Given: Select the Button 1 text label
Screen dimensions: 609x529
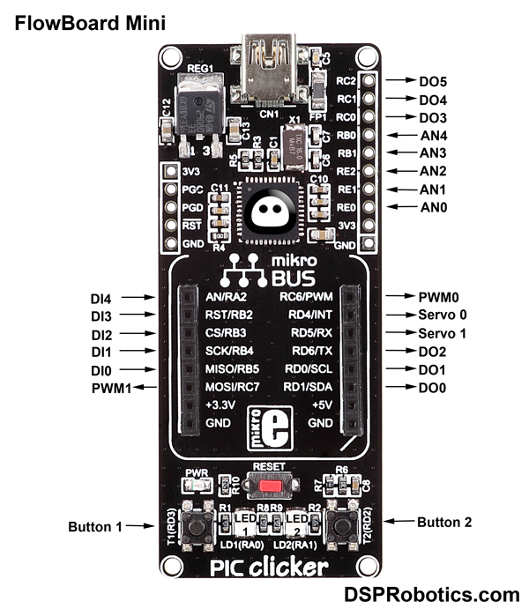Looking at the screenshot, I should [95, 527].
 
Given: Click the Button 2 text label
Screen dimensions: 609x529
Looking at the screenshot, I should [443, 522].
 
